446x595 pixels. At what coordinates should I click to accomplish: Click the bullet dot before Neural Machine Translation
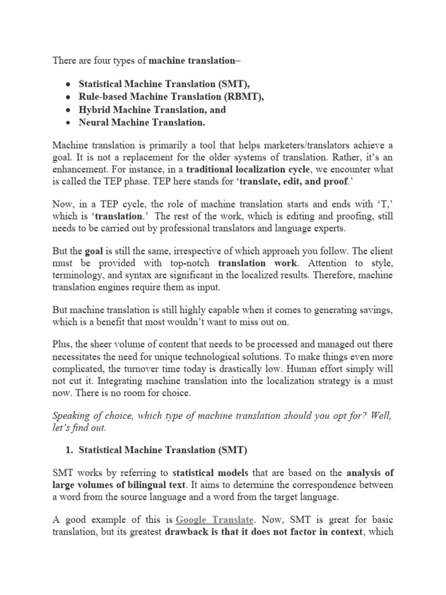click(68, 123)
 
